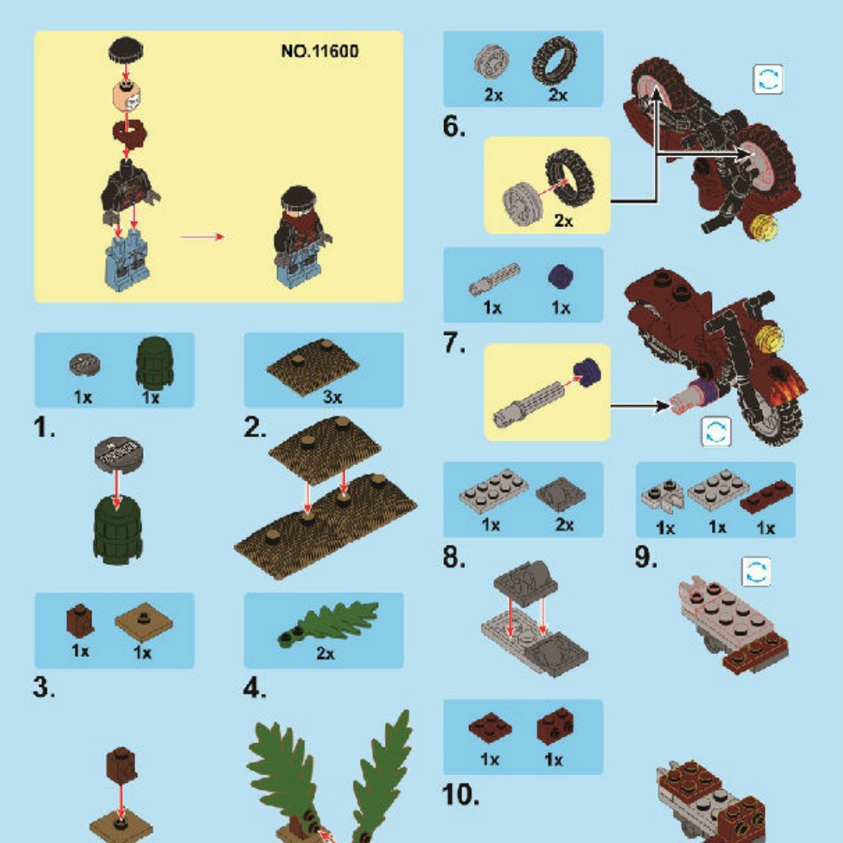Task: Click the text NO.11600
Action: coord(319,51)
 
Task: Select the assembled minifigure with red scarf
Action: coord(301,237)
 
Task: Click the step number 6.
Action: coord(454,127)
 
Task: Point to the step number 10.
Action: coord(461,795)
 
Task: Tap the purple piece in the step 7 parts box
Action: coord(560,276)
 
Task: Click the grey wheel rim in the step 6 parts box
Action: coord(492,62)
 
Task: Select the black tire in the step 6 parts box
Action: coord(555,60)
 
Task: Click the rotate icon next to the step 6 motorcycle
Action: coord(768,80)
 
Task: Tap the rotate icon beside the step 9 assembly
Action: coord(756,571)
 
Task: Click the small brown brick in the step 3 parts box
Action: coord(80,621)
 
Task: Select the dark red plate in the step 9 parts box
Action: coord(767,496)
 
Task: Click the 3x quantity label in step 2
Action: coord(333,397)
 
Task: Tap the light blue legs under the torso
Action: coord(126,260)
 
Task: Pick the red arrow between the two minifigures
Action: coord(202,237)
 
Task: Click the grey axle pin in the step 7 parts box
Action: coord(494,279)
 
